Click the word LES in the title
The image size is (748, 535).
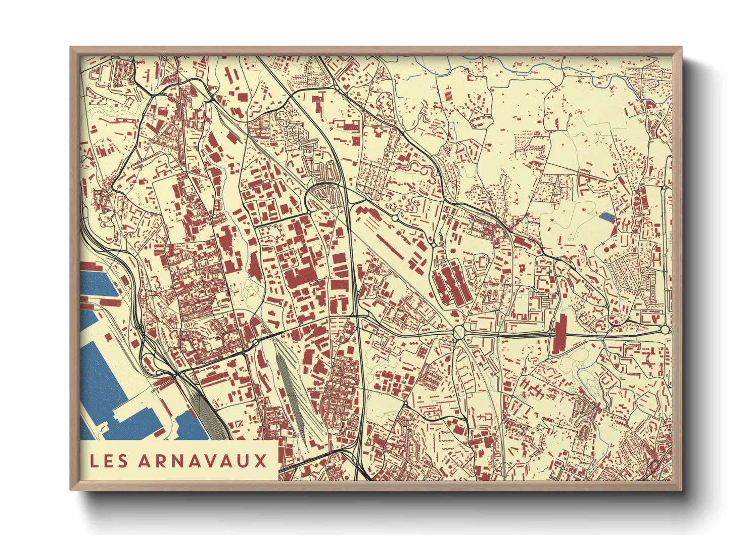pyautogui.click(x=109, y=461)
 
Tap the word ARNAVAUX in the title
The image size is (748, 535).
pyautogui.click(x=203, y=461)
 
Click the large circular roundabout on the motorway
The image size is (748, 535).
pyautogui.click(x=459, y=332)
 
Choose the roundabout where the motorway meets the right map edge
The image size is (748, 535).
pyautogui.click(x=665, y=330)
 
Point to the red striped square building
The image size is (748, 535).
pyautogui.click(x=448, y=96)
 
